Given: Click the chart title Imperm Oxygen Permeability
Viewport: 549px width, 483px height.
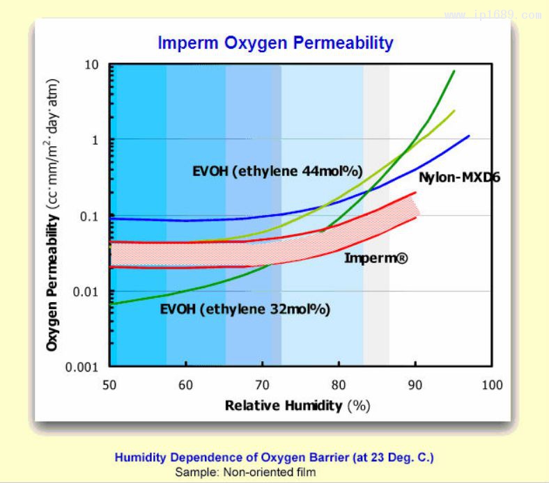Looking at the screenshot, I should (276, 43).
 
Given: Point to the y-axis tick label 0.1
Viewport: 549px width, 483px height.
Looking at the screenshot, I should (91, 216).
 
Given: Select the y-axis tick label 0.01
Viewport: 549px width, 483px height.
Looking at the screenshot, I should (87, 291).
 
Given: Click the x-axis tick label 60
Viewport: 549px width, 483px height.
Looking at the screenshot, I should (185, 385).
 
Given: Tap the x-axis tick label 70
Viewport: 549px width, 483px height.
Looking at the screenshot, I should (262, 385).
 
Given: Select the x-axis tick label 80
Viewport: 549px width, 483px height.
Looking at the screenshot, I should (339, 385).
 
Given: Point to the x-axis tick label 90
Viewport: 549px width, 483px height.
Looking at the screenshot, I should (415, 385).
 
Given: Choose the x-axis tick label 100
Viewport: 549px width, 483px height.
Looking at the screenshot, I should (492, 385).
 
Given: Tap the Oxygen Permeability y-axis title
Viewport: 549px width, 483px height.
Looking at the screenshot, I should (52, 216).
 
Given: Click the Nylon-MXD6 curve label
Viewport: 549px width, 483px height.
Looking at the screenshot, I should (460, 178).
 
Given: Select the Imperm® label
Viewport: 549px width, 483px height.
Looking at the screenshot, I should (376, 258).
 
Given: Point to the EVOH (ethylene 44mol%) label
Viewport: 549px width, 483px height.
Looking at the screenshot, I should (277, 171).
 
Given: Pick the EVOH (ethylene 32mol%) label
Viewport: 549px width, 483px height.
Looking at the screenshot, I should (245, 309).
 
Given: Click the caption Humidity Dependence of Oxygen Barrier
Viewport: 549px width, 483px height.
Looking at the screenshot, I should (274, 458).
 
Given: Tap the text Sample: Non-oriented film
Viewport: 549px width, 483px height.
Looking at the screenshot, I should (245, 472).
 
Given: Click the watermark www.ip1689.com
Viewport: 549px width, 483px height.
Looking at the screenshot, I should (493, 15).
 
